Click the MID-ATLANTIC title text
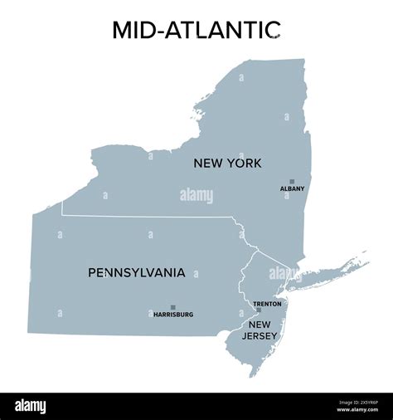[x=196, y=29]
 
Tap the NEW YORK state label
[x=227, y=164]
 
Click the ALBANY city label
[x=292, y=188]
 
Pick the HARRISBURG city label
[x=173, y=315]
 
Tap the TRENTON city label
[x=267, y=304]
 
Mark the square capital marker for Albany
[x=292, y=181]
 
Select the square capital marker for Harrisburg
[x=173, y=307]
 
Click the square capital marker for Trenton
[x=259, y=310]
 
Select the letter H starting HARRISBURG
[x=156, y=315]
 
